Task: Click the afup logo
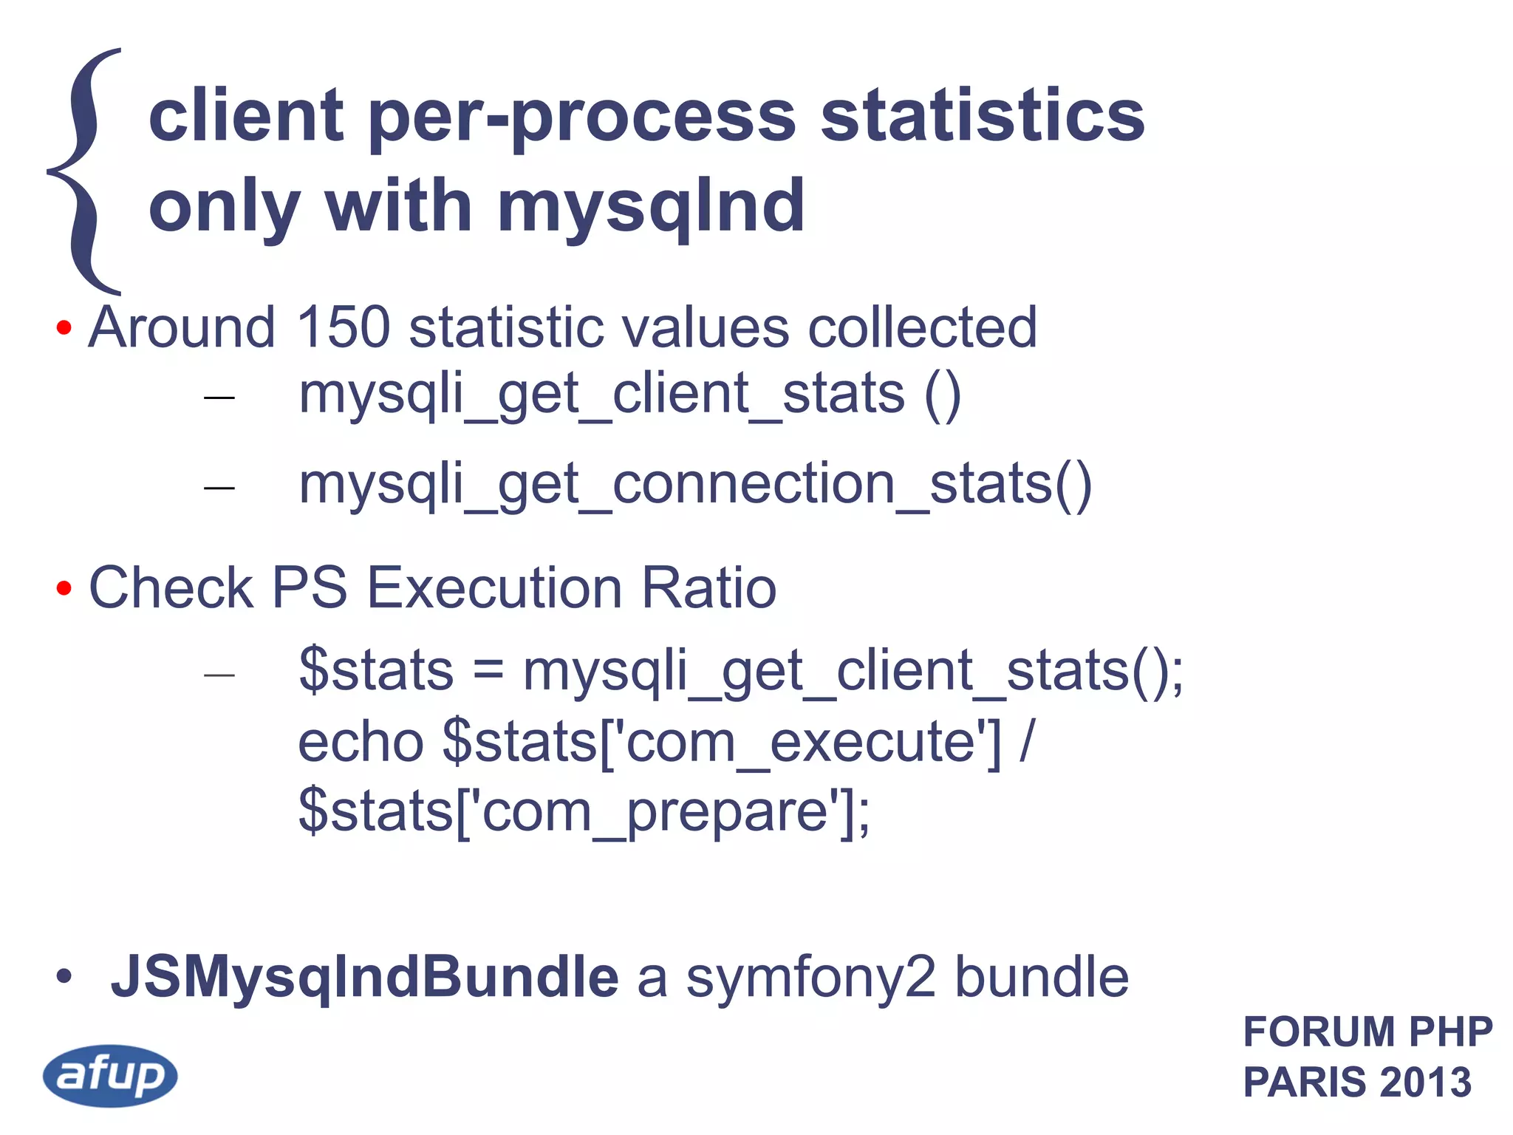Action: (x=110, y=1075)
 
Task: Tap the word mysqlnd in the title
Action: (x=651, y=208)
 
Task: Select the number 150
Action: (x=343, y=327)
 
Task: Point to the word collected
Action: (x=923, y=327)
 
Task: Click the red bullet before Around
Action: (x=64, y=327)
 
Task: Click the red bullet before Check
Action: (x=64, y=588)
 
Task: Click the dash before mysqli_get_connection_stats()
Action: (x=219, y=488)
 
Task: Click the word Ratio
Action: (x=708, y=588)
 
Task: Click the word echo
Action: (x=361, y=742)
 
